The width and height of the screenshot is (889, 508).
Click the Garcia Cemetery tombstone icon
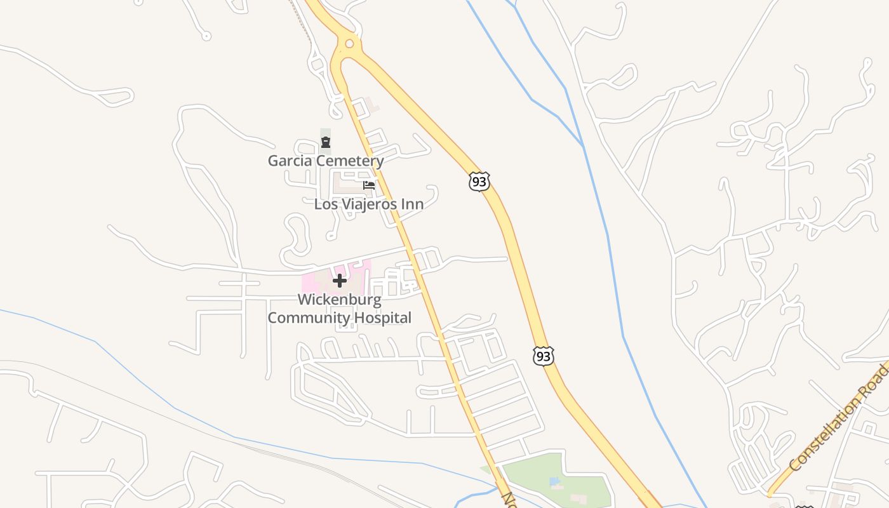(x=326, y=142)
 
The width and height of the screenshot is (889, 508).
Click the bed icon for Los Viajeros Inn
(x=369, y=185)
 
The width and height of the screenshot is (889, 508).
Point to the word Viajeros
(x=372, y=204)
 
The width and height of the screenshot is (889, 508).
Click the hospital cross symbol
(x=340, y=280)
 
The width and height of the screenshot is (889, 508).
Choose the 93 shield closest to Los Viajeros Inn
(x=479, y=182)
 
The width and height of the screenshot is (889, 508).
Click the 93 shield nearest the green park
(x=543, y=356)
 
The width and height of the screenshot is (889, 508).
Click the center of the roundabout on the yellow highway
(x=349, y=44)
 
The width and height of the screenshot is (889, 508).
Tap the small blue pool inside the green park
(x=556, y=482)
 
